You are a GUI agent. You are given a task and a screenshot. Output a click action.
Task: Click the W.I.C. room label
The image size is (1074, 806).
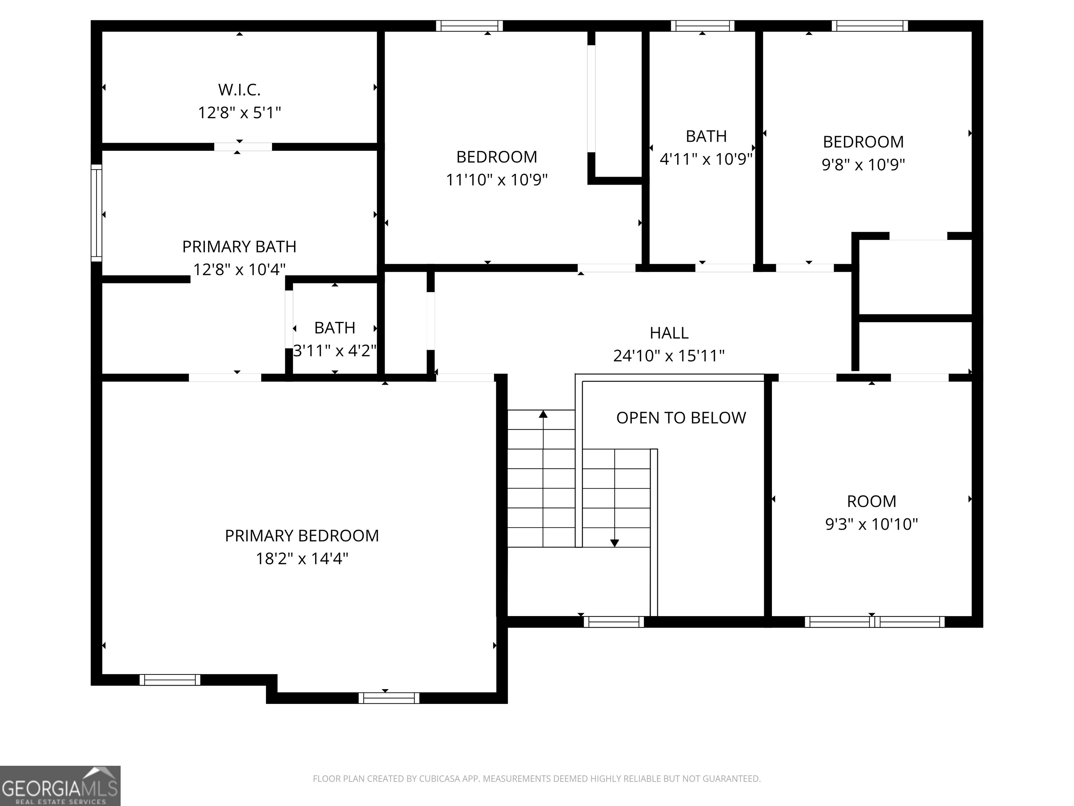point(239,90)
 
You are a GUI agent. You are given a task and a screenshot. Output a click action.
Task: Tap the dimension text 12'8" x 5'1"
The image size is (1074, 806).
point(239,113)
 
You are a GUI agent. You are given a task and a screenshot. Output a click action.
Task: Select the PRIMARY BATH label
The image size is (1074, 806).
point(239,247)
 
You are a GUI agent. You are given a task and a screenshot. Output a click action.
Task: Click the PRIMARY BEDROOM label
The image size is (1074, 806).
point(301,536)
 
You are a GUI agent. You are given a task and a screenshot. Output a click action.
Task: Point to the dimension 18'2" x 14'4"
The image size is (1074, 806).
point(301,559)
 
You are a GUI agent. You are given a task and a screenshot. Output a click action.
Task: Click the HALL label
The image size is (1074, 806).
point(669,333)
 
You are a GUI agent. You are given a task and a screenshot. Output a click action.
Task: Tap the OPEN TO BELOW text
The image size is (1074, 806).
point(681,418)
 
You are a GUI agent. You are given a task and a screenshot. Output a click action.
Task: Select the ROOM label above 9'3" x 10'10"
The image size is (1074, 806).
point(872,501)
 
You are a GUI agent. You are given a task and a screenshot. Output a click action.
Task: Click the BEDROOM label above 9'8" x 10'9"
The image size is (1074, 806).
point(863,142)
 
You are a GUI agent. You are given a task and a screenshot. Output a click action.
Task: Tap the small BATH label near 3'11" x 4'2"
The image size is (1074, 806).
point(335,328)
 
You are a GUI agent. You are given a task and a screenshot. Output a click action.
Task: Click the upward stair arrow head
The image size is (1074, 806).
point(543,414)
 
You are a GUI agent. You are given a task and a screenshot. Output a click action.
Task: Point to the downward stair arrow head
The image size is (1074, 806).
point(615,543)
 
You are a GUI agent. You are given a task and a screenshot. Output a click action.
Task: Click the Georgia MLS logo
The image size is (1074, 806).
point(60,786)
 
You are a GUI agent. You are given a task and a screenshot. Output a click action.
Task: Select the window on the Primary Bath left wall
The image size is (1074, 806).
point(96,213)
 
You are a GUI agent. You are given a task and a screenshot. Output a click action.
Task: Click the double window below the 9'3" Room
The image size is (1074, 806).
point(874,622)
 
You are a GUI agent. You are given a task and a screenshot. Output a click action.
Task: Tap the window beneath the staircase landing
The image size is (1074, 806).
point(614,622)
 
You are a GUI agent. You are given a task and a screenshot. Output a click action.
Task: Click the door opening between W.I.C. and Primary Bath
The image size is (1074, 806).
point(243,147)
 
